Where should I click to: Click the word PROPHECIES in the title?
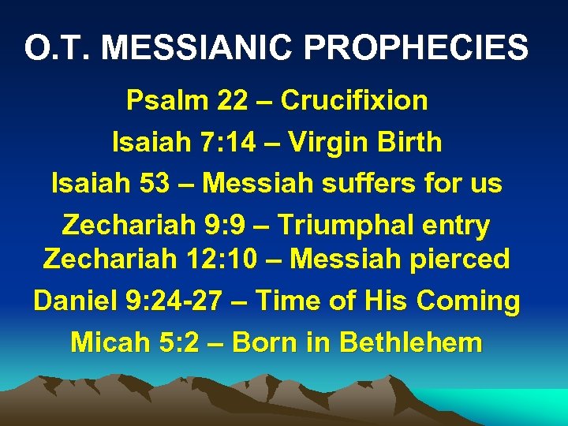(417, 47)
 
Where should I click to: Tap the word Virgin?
(331, 142)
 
